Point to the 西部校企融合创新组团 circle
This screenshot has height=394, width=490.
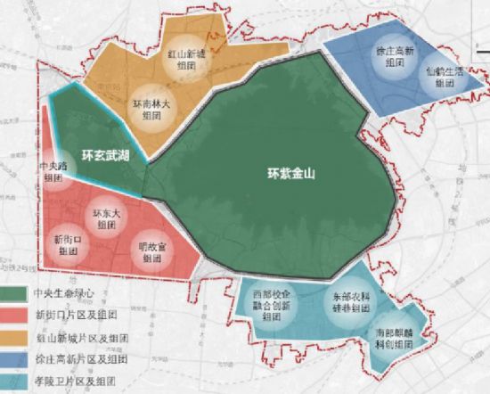(x=273, y=304)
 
